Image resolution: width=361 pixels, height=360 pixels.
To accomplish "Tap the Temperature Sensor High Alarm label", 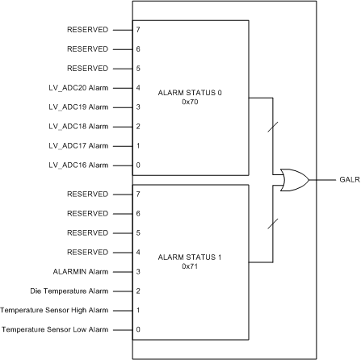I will click(55, 311).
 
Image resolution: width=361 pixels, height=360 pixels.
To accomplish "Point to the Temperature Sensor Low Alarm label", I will click(55, 329).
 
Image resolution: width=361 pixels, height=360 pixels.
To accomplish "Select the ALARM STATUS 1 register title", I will click(191, 257).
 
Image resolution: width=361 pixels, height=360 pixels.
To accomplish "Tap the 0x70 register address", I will click(191, 103).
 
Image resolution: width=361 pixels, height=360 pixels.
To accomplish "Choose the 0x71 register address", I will click(191, 266).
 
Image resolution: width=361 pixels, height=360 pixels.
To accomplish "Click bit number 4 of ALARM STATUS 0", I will click(138, 87).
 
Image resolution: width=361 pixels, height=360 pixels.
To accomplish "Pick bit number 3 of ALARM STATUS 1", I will click(138, 272).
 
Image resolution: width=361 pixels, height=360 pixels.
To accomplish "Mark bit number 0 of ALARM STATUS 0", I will click(138, 165).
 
